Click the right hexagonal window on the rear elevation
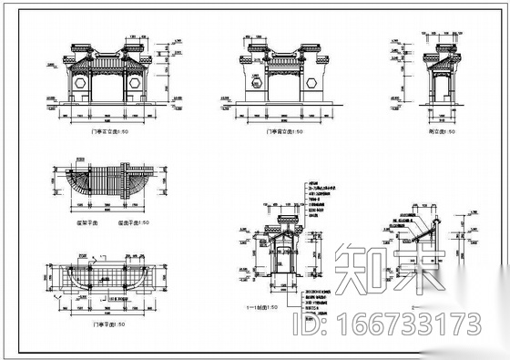[312, 82]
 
